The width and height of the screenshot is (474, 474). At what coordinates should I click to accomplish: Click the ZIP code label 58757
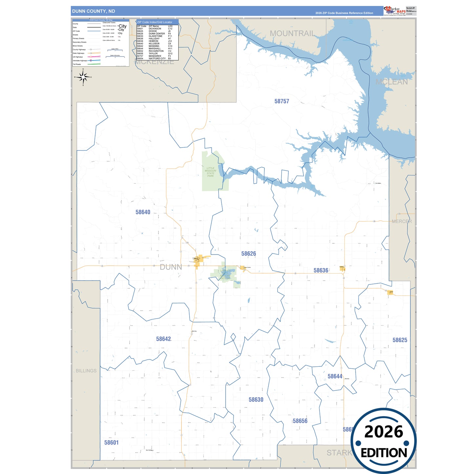[282, 101]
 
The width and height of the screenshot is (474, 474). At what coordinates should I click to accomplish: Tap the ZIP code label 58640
[143, 212]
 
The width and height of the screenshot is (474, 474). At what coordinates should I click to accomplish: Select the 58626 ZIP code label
[248, 254]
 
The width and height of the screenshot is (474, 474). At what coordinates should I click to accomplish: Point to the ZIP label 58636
[320, 270]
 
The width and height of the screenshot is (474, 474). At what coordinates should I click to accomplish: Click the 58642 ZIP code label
[163, 339]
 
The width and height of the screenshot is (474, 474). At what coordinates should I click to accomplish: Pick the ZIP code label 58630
[256, 400]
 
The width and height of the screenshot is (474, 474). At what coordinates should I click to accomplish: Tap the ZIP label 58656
[300, 421]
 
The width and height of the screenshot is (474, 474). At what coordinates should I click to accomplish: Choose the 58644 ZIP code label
[335, 376]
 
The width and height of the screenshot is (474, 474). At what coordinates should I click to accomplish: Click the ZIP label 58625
[400, 340]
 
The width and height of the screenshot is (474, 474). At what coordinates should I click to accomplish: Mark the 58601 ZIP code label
[111, 443]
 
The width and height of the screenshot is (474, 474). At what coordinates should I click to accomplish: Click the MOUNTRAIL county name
[292, 33]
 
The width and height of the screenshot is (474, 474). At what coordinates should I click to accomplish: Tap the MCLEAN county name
[391, 82]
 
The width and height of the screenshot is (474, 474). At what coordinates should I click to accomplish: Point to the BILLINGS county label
[86, 371]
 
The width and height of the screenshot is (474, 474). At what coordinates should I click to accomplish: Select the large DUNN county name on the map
[171, 267]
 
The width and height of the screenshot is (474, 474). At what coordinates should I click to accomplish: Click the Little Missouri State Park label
[210, 172]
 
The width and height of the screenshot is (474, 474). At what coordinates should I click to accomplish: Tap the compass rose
[83, 77]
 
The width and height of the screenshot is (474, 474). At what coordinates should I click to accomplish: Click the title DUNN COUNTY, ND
[93, 11]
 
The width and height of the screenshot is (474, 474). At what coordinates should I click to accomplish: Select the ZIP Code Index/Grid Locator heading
[155, 22]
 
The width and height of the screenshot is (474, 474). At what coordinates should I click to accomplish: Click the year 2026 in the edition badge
[383, 432]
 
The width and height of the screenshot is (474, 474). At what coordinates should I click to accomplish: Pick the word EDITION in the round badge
[383, 453]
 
